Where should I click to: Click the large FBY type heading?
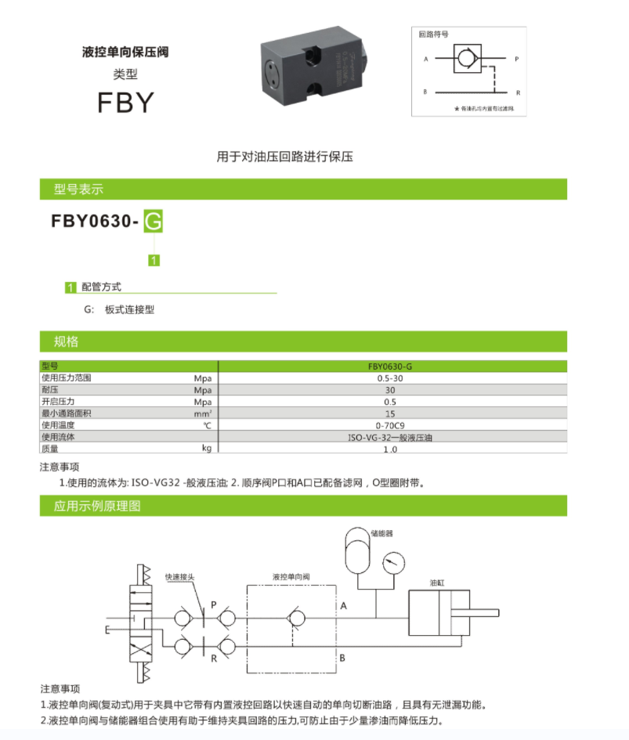point(125,103)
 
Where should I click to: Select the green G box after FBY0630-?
point(154,222)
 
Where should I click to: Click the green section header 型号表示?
point(78,190)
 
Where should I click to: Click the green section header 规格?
point(66,341)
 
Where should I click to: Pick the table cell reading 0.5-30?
point(389,377)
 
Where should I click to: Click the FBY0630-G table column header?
point(389,366)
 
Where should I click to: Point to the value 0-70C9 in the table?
point(389,425)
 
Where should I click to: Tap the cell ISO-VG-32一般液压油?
point(389,437)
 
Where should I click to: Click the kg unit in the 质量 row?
point(207,449)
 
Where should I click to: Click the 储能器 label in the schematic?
point(381,533)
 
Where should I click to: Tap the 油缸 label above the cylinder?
point(438,583)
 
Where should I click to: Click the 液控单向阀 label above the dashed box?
point(291,576)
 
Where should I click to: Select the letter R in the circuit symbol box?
point(518,92)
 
